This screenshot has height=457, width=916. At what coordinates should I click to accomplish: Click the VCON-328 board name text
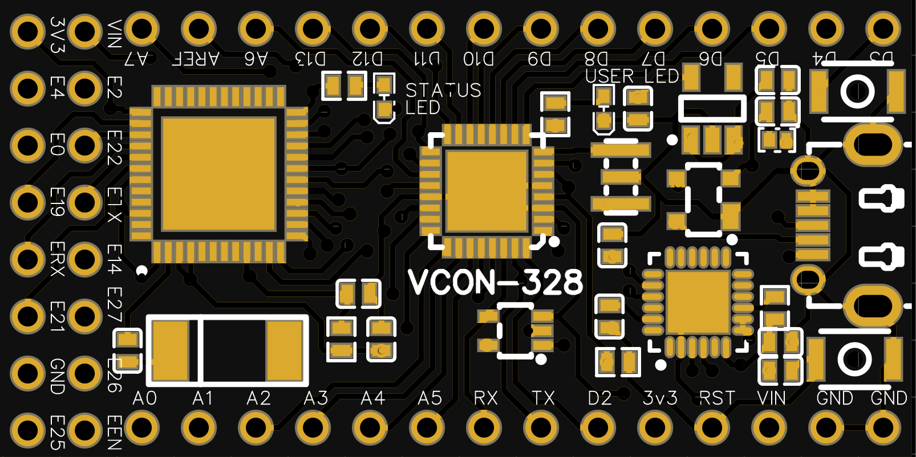click(495, 282)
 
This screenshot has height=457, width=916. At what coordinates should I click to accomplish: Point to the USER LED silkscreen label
click(632, 76)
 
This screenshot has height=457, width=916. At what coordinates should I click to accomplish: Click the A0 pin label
click(144, 398)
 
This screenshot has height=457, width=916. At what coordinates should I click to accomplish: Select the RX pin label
click(485, 398)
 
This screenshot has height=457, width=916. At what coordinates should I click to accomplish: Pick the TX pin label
click(543, 398)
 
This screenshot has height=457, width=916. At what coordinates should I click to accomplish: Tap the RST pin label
click(717, 398)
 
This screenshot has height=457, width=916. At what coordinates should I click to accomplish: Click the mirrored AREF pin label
click(196, 59)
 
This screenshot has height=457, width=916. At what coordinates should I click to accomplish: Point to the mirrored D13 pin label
click(310, 59)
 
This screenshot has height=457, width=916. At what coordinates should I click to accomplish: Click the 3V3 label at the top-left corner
click(56, 34)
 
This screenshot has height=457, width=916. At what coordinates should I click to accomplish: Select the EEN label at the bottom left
click(114, 432)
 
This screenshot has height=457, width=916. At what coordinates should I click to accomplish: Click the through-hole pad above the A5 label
click(427, 28)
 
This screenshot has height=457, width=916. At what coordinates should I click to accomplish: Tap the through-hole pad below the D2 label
click(598, 428)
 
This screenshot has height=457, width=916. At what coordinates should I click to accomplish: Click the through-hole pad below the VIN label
click(769, 428)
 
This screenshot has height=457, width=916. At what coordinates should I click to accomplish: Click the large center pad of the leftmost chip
click(218, 174)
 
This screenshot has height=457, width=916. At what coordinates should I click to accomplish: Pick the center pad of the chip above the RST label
click(698, 303)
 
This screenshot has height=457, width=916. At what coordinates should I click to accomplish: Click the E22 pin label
click(114, 147)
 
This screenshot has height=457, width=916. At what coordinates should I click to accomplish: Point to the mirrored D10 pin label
click(479, 59)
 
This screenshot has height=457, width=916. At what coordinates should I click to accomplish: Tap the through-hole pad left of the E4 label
click(27, 88)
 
